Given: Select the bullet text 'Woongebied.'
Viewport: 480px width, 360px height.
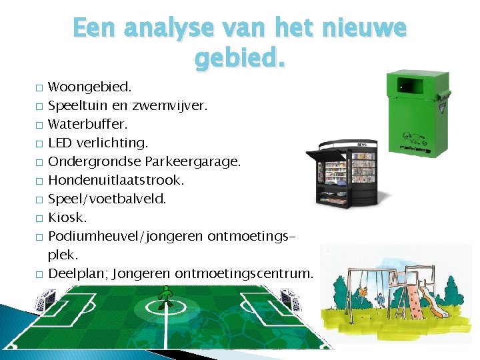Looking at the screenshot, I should pos(90,87).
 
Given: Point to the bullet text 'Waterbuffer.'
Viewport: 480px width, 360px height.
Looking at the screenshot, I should pos(88,124).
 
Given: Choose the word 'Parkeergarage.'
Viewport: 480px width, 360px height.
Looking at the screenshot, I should pos(213,161).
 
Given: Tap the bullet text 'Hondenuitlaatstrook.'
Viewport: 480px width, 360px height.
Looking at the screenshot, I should pos(116,180).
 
